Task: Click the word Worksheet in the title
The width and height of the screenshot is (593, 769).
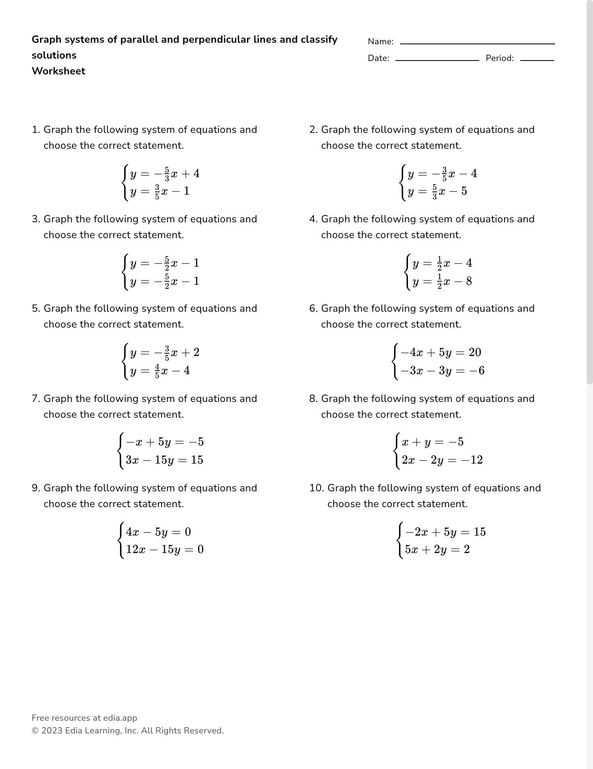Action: tap(58, 71)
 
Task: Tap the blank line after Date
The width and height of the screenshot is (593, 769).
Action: tap(437, 60)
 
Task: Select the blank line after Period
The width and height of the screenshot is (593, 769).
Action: tap(537, 60)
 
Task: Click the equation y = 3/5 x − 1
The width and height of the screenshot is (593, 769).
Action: tap(160, 191)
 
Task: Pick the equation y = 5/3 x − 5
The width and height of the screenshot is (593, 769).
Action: tap(437, 191)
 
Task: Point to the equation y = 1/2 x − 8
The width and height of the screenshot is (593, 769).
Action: tap(442, 282)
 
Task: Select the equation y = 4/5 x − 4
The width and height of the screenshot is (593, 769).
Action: tap(160, 371)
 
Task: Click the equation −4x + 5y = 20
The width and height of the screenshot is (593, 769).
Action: tap(441, 352)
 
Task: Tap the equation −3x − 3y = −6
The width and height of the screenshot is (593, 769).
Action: tap(442, 371)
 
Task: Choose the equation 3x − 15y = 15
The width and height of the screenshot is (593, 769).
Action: tap(164, 460)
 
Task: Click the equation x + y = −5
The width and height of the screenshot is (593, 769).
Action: tap(432, 442)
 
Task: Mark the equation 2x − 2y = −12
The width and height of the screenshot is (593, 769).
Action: tap(442, 460)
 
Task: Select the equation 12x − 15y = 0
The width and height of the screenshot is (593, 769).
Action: tap(164, 549)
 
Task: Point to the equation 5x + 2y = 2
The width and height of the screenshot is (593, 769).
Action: tap(437, 549)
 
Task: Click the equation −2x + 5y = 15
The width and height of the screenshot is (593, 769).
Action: tap(445, 532)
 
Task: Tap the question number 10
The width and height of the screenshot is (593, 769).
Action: tap(316, 488)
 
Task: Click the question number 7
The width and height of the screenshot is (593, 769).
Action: tap(36, 399)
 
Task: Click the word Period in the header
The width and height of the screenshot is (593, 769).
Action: tap(499, 58)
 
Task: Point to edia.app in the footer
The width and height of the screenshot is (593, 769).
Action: tap(120, 718)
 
